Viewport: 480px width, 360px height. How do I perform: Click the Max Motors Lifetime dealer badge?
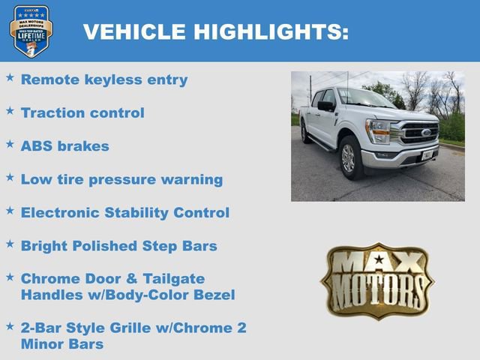click(x=31, y=31)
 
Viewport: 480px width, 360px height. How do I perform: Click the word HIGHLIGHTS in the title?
click(x=271, y=32)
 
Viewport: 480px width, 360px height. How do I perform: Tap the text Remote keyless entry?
click(x=104, y=79)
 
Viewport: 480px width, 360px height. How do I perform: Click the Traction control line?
click(x=82, y=113)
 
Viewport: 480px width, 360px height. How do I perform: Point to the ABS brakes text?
click(x=65, y=146)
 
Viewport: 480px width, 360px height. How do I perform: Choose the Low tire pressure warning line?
click(x=121, y=180)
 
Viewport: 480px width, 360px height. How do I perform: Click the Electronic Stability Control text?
click(x=125, y=213)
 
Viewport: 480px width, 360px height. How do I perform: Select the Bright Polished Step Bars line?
click(x=119, y=246)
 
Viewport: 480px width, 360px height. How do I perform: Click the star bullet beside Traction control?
click(x=10, y=111)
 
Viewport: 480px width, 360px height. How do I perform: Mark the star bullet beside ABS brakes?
click(x=10, y=144)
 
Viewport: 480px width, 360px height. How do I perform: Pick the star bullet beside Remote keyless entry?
click(x=10, y=77)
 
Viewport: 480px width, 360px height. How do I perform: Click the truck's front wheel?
click(x=349, y=158)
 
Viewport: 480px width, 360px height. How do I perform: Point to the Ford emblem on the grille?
click(x=426, y=133)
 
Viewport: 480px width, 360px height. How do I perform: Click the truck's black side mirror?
click(x=326, y=106)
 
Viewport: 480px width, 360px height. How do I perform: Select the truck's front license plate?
click(x=427, y=155)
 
